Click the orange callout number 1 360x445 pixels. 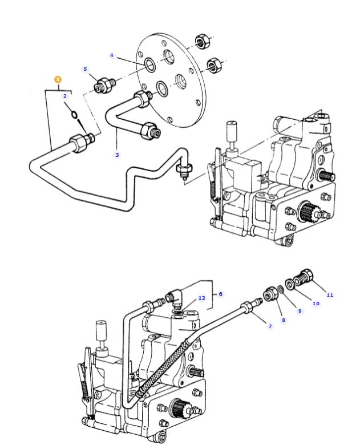coord(58,79)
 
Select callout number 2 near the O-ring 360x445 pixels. coord(64,96)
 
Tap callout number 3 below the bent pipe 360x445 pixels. coord(117,155)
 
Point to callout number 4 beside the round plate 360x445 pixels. coord(112,55)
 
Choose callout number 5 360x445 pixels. coord(85,69)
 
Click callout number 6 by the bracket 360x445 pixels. coord(221,294)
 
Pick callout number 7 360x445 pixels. coord(270,326)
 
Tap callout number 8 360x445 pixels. coord(284,320)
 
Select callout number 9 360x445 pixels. coord(300,311)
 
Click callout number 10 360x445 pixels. coord(316,304)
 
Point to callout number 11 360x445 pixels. coord(330,295)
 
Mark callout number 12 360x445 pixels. coord(201,298)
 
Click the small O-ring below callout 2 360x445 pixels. coord(74,115)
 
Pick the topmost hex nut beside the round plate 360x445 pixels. coord(202,42)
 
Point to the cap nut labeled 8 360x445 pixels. coord(270,294)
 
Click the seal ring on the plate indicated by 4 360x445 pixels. coord(150,65)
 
